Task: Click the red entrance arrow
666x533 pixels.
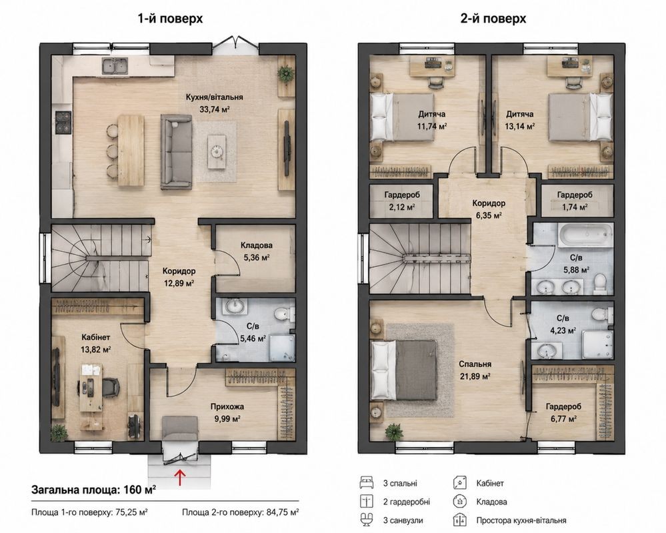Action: (181, 476)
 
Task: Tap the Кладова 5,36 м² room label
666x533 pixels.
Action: (256, 251)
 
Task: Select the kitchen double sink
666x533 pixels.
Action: (115, 66)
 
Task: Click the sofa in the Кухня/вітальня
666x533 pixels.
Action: (176, 151)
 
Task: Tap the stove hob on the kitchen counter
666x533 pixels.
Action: (63, 122)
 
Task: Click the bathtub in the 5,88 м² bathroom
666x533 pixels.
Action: (585, 235)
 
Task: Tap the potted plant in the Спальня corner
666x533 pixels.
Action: (394, 432)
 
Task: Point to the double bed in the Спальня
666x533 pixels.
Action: (404, 370)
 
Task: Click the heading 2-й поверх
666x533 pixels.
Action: (493, 19)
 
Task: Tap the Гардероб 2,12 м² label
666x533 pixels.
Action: (402, 201)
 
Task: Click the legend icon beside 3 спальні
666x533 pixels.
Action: (366, 483)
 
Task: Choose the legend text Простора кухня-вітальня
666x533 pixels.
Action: (521, 520)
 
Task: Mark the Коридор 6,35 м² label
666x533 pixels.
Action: (489, 209)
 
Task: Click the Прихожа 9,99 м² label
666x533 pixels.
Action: (227, 412)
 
